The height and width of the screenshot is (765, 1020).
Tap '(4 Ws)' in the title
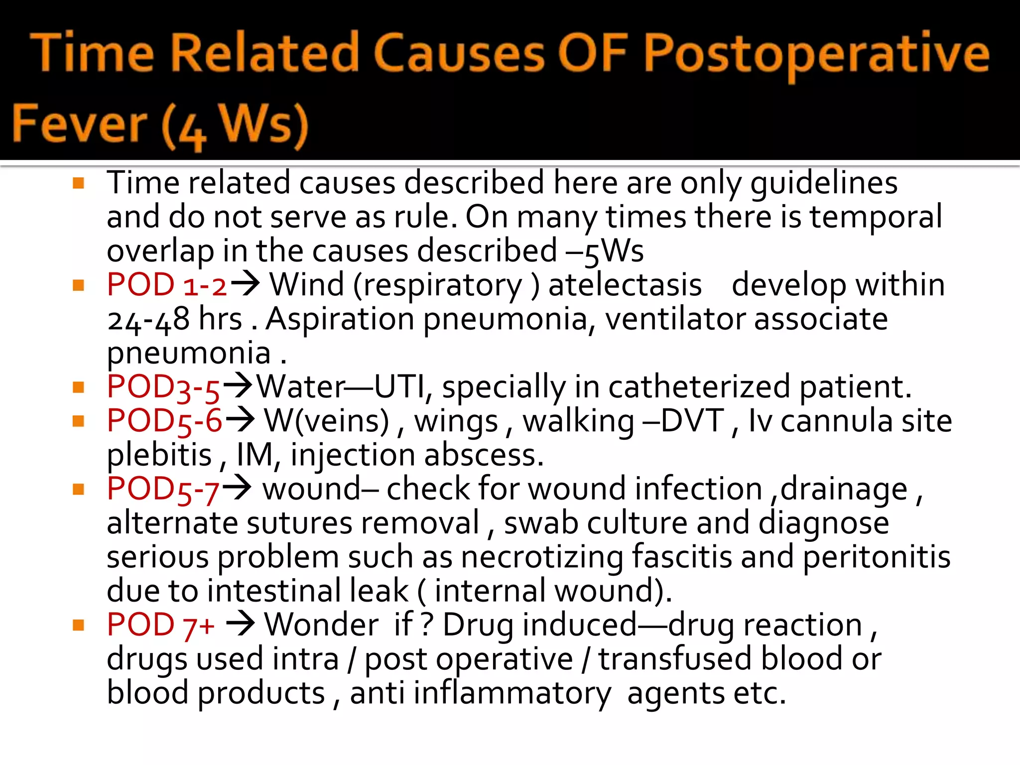234,126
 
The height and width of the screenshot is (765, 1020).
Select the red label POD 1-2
167,285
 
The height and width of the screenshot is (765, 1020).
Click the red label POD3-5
163,387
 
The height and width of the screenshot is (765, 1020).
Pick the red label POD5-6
164,421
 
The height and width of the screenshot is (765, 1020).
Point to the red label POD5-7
163,489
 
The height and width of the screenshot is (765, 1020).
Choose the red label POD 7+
160,625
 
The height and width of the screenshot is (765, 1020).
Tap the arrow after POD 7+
241,624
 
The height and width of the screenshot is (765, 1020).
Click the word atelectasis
625,285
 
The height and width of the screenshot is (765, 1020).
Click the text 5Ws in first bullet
614,251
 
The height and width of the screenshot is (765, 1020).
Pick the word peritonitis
877,557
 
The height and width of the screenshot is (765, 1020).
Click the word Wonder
321,625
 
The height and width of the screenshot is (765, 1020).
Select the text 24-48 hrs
174,319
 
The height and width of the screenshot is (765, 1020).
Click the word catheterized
699,387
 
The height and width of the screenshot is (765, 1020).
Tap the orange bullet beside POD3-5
78,387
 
